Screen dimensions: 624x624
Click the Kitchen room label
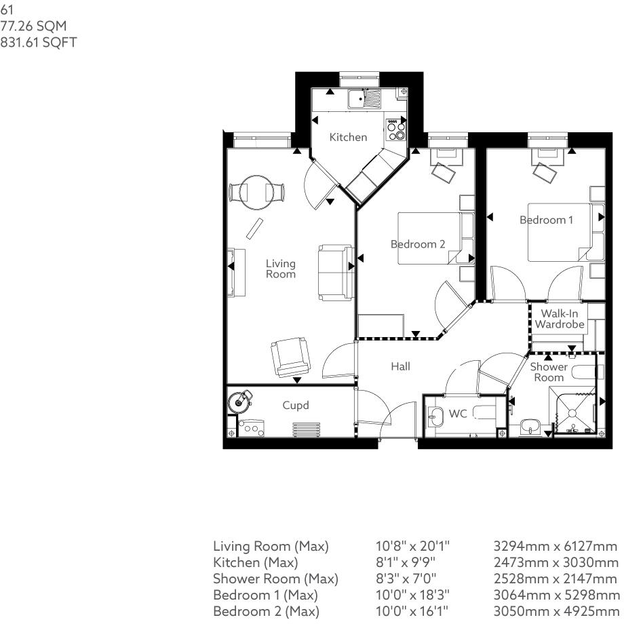[x=348, y=137]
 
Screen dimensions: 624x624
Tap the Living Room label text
[x=280, y=269]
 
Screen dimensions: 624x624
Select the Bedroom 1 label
[x=546, y=220]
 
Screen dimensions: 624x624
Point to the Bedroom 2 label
[x=417, y=243]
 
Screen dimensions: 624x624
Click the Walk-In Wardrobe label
[x=560, y=319]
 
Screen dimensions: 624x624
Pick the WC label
[x=459, y=413]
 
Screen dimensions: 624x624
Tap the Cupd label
[x=296, y=406]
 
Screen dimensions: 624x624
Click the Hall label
[x=400, y=366]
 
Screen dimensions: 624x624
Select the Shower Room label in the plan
[x=549, y=372]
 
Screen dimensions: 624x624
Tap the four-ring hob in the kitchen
[x=395, y=129]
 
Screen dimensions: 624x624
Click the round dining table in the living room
[x=257, y=191]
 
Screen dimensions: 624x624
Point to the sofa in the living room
[x=335, y=272]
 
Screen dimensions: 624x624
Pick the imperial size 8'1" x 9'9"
[x=406, y=562]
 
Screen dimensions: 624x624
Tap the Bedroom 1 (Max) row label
[x=265, y=595]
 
